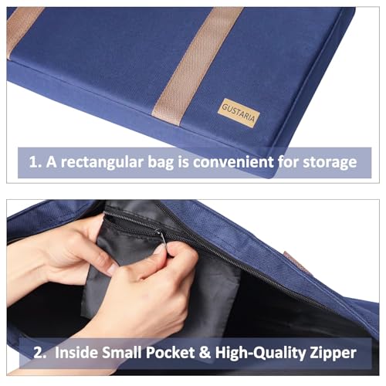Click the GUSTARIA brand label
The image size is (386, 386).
[239, 113]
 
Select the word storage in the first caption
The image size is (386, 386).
[330, 162]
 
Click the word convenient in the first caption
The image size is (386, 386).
[233, 162]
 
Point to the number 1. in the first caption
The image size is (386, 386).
[35, 162]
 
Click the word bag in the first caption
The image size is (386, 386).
[161, 163]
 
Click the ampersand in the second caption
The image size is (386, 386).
[205, 352]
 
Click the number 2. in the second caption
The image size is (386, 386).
[40, 353]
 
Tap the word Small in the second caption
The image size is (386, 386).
[122, 352]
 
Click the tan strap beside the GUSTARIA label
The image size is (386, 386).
[198, 66]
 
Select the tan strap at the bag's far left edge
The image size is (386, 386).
[22, 30]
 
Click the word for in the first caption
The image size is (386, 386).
[288, 162]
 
